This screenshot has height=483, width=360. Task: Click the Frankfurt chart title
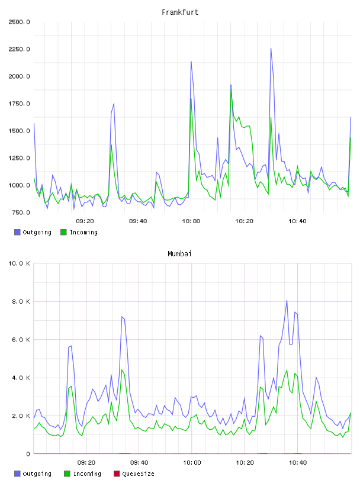point(180,12)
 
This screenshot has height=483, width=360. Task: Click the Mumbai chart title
point(179,254)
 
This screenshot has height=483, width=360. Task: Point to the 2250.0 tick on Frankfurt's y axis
point(19,49)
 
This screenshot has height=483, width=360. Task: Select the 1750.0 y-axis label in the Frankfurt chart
point(19,104)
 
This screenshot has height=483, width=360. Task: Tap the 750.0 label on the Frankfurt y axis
point(21,212)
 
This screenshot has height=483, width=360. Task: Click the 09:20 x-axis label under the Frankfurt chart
point(85,221)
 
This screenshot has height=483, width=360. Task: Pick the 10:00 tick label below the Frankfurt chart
point(191,221)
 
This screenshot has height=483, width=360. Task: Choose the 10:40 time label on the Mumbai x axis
point(298,463)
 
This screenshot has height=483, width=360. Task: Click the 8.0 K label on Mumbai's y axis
point(21,301)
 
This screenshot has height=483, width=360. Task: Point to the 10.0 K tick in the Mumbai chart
point(19,263)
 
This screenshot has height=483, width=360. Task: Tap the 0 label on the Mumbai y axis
point(28,454)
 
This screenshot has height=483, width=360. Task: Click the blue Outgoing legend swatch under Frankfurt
point(17,232)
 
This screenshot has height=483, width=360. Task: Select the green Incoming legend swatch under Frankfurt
point(63,232)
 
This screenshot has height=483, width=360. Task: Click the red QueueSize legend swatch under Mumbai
point(117,474)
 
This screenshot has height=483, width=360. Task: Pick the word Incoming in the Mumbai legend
point(87,474)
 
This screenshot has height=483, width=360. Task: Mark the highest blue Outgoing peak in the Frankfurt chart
point(271,49)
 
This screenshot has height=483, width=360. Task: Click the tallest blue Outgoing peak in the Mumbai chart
point(287,300)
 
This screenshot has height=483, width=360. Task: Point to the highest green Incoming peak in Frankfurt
point(231,90)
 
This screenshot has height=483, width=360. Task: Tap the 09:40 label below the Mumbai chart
point(139,463)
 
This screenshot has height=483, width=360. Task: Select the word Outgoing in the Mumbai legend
point(37,474)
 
